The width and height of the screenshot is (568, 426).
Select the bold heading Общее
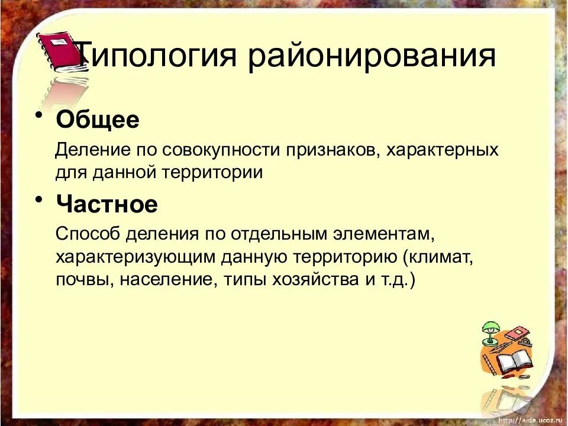click(98, 120)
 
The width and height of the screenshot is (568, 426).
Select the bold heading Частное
click(107, 205)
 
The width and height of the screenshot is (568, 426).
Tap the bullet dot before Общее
click(39, 115)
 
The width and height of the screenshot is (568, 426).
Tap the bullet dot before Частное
click(39, 199)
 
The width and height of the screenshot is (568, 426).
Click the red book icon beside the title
click(59, 52)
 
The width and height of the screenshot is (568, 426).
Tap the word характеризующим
click(137, 257)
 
